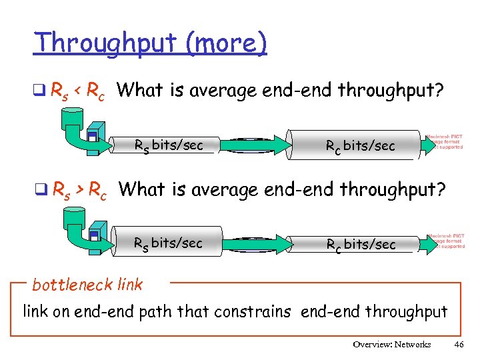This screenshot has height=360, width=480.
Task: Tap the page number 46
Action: [x=458, y=345]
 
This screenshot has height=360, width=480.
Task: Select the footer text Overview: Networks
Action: [x=392, y=345]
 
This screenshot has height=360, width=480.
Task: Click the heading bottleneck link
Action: [x=87, y=285]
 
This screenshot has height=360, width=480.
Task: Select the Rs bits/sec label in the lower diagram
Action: [x=168, y=243]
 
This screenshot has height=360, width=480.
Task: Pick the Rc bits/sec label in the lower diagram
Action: [x=360, y=244]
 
